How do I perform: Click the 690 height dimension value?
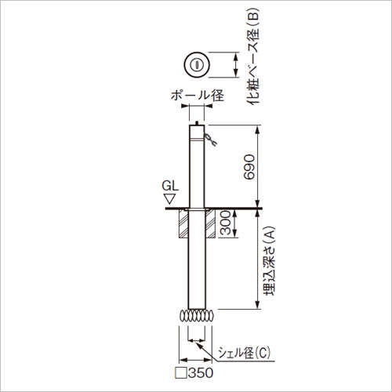(x=249, y=167)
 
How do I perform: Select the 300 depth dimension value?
(x=225, y=223)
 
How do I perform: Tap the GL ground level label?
(x=170, y=186)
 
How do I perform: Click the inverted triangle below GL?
(x=170, y=199)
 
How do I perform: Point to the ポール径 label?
(x=198, y=96)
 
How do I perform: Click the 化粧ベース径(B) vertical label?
(x=253, y=56)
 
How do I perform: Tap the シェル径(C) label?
(x=244, y=353)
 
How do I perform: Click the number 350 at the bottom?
(x=201, y=373)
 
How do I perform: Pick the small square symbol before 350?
(x=181, y=373)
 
